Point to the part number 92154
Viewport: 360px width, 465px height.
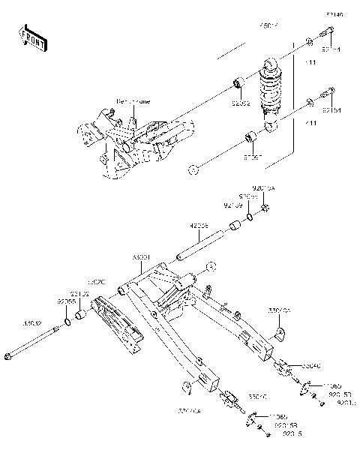coord(332,109)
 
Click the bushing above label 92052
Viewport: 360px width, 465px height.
coord(238,82)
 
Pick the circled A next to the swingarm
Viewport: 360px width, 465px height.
coord(211,265)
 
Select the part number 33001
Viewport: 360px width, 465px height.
coord(141,256)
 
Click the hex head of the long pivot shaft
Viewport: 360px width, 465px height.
coord(10,357)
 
